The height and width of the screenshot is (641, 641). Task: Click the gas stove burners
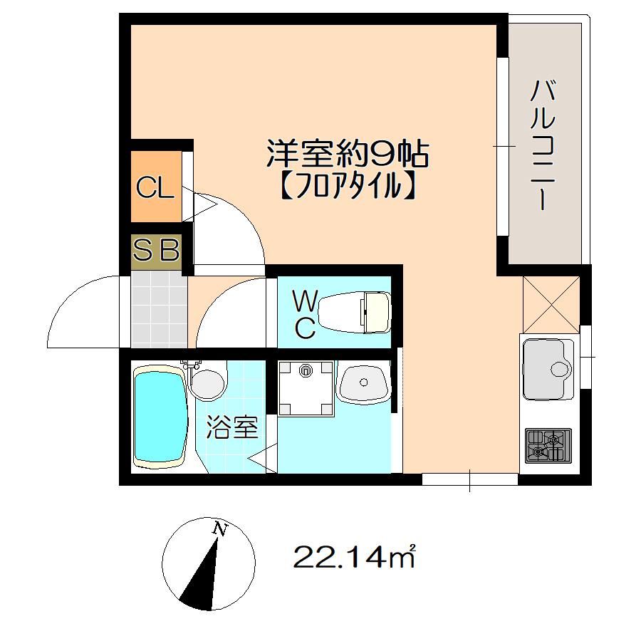coord(547,445)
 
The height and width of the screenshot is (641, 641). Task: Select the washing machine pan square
coord(306,387)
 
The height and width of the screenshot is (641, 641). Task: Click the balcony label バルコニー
coord(544,146)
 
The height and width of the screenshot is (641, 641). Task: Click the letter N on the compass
coord(221,529)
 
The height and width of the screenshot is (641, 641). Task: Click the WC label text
coord(305,313)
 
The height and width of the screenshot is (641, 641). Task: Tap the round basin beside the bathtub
coord(207,382)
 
